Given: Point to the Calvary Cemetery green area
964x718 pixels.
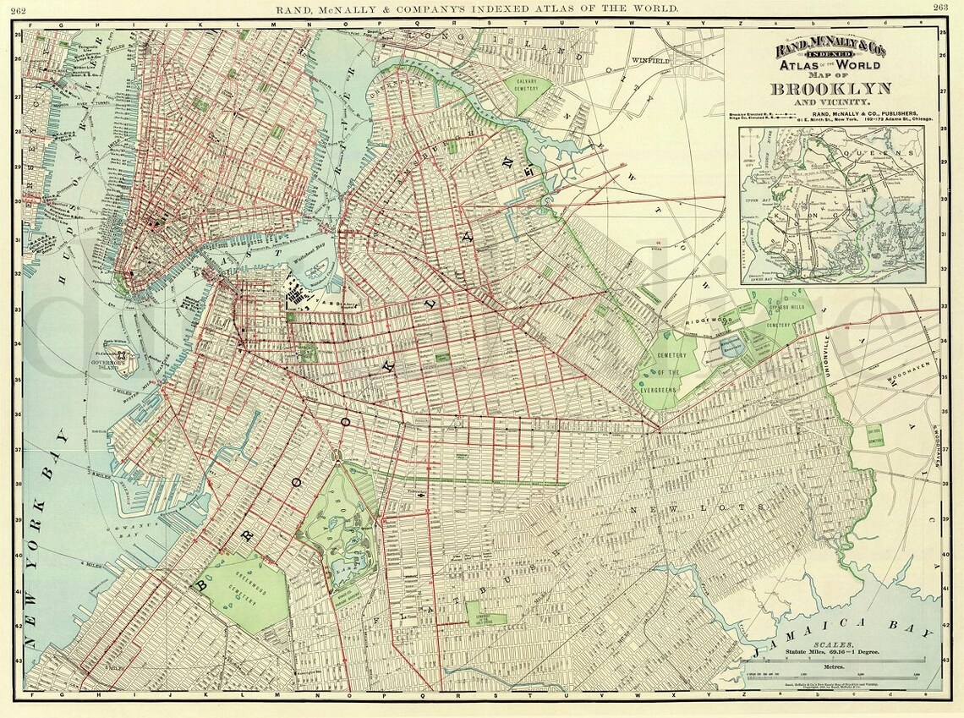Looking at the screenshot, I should pyautogui.click(x=531, y=93).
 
